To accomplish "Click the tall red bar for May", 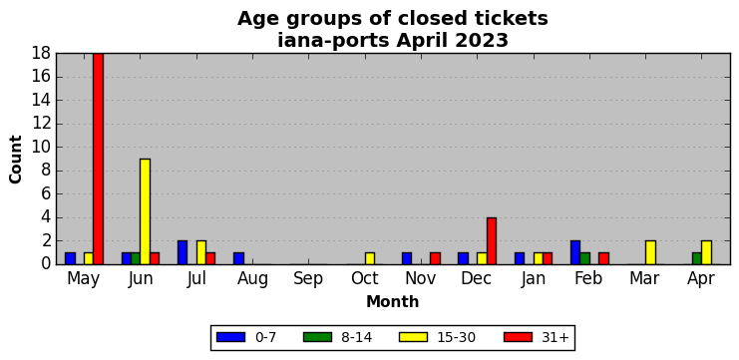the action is point(98,159).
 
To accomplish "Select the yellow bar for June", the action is point(146,211).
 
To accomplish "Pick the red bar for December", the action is point(492,240).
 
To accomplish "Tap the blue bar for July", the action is point(183,252).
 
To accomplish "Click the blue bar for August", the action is point(238,258).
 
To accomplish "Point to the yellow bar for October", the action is point(370,258).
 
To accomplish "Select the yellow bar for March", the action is point(650,252).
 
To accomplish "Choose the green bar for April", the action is point(697,258).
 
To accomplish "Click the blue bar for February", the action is point(575,252).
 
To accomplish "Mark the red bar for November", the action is point(435,258).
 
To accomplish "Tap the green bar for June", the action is point(136,258).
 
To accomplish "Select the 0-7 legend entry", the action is point(246,337).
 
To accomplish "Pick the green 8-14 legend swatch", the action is point(318,337).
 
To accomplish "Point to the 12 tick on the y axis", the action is point(42,124).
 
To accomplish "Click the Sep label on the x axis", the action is point(308,279).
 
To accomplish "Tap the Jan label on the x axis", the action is point(534,279).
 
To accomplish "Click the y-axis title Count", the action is point(16,160).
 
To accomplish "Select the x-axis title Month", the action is point(393,301).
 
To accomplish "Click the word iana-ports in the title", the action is point(334,41).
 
